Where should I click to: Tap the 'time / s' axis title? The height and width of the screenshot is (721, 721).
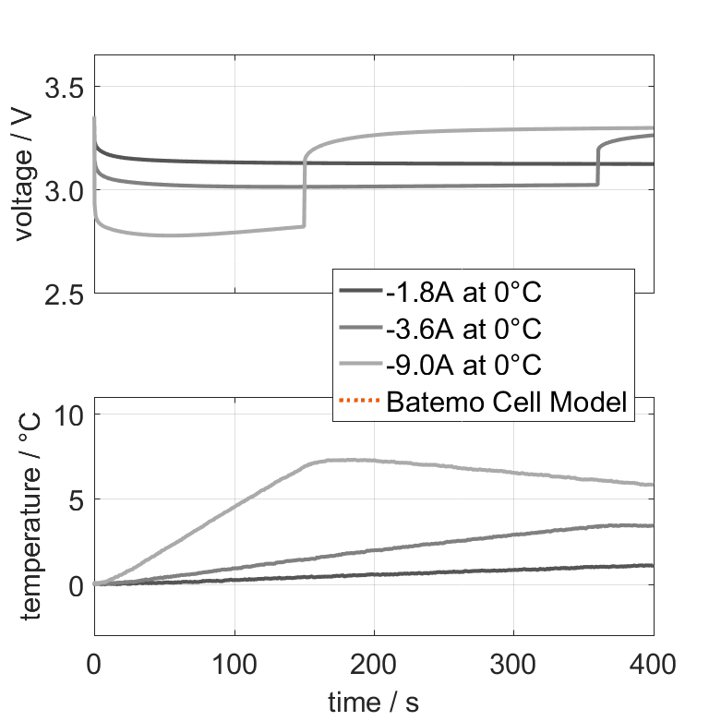tap(373, 703)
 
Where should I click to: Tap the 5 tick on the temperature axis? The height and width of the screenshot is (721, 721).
tap(76, 499)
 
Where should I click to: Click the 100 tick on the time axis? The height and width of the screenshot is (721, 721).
tap(234, 663)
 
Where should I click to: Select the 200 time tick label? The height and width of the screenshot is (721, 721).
tap(374, 663)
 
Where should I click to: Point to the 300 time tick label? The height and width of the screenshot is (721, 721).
tap(513, 663)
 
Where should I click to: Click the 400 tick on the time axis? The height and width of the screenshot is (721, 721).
tap(653, 663)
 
